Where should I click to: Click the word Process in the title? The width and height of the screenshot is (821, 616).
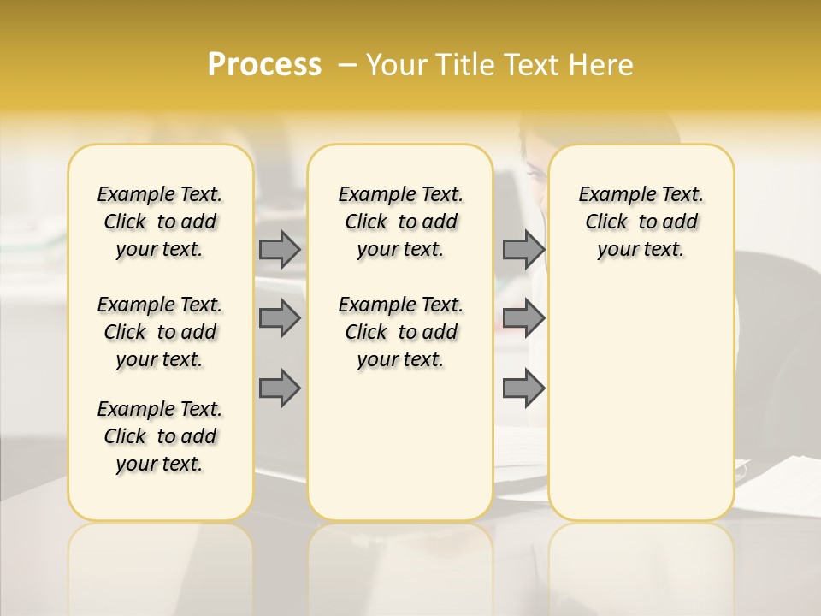[264, 64]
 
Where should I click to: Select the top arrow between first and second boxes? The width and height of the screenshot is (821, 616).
[279, 249]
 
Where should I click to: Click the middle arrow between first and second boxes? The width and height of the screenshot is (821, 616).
[279, 318]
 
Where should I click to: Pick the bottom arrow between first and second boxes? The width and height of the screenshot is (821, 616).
[279, 388]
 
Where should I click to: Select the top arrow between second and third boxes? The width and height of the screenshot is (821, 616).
[523, 249]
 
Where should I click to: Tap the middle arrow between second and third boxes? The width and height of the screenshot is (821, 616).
[523, 318]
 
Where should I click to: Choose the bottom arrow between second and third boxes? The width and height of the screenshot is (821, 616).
[523, 388]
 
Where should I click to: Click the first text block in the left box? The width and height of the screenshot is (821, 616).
[160, 222]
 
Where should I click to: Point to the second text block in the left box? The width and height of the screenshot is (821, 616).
[160, 332]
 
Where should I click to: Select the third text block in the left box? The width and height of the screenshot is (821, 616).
[160, 436]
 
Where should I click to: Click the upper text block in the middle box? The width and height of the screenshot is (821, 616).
[400, 222]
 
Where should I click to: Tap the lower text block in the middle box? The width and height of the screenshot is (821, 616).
[400, 332]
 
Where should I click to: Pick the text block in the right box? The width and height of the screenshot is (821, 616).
[641, 222]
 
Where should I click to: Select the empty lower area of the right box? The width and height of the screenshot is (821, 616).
[641, 394]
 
